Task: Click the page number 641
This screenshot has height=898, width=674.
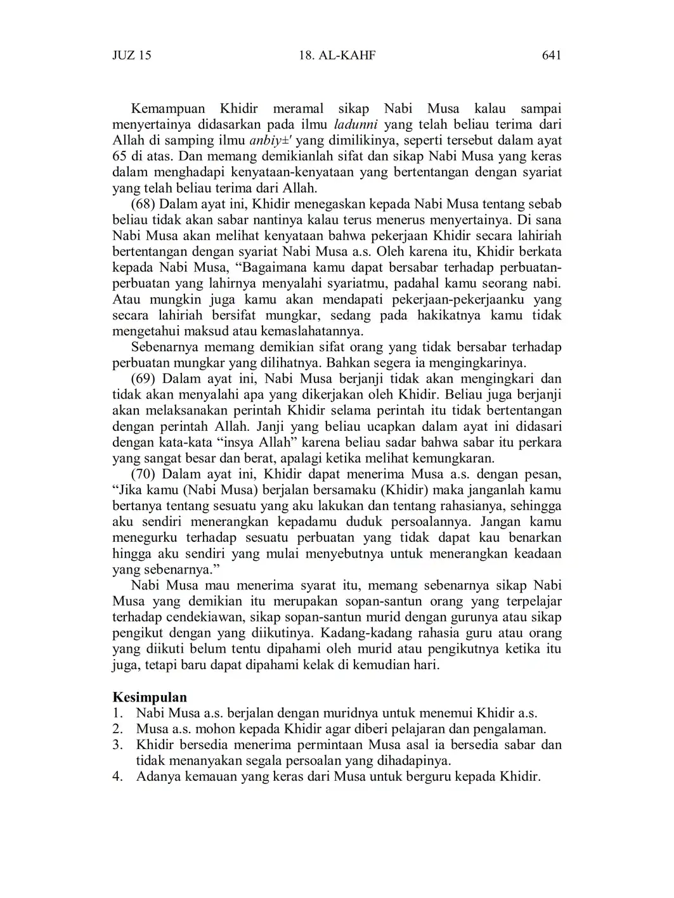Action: [552, 56]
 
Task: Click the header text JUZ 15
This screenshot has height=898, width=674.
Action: [132, 56]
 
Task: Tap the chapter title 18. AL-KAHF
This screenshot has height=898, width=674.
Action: [337, 56]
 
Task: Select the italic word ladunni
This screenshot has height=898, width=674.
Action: [356, 125]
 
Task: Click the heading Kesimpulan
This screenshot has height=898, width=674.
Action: [150, 698]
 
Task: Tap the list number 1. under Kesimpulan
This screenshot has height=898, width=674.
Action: [117, 714]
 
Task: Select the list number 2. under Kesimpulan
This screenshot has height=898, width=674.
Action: [117, 729]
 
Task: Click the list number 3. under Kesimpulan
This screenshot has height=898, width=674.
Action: [117, 745]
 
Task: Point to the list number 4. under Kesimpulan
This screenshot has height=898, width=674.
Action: [117, 777]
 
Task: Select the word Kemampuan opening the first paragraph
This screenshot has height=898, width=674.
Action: [168, 109]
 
